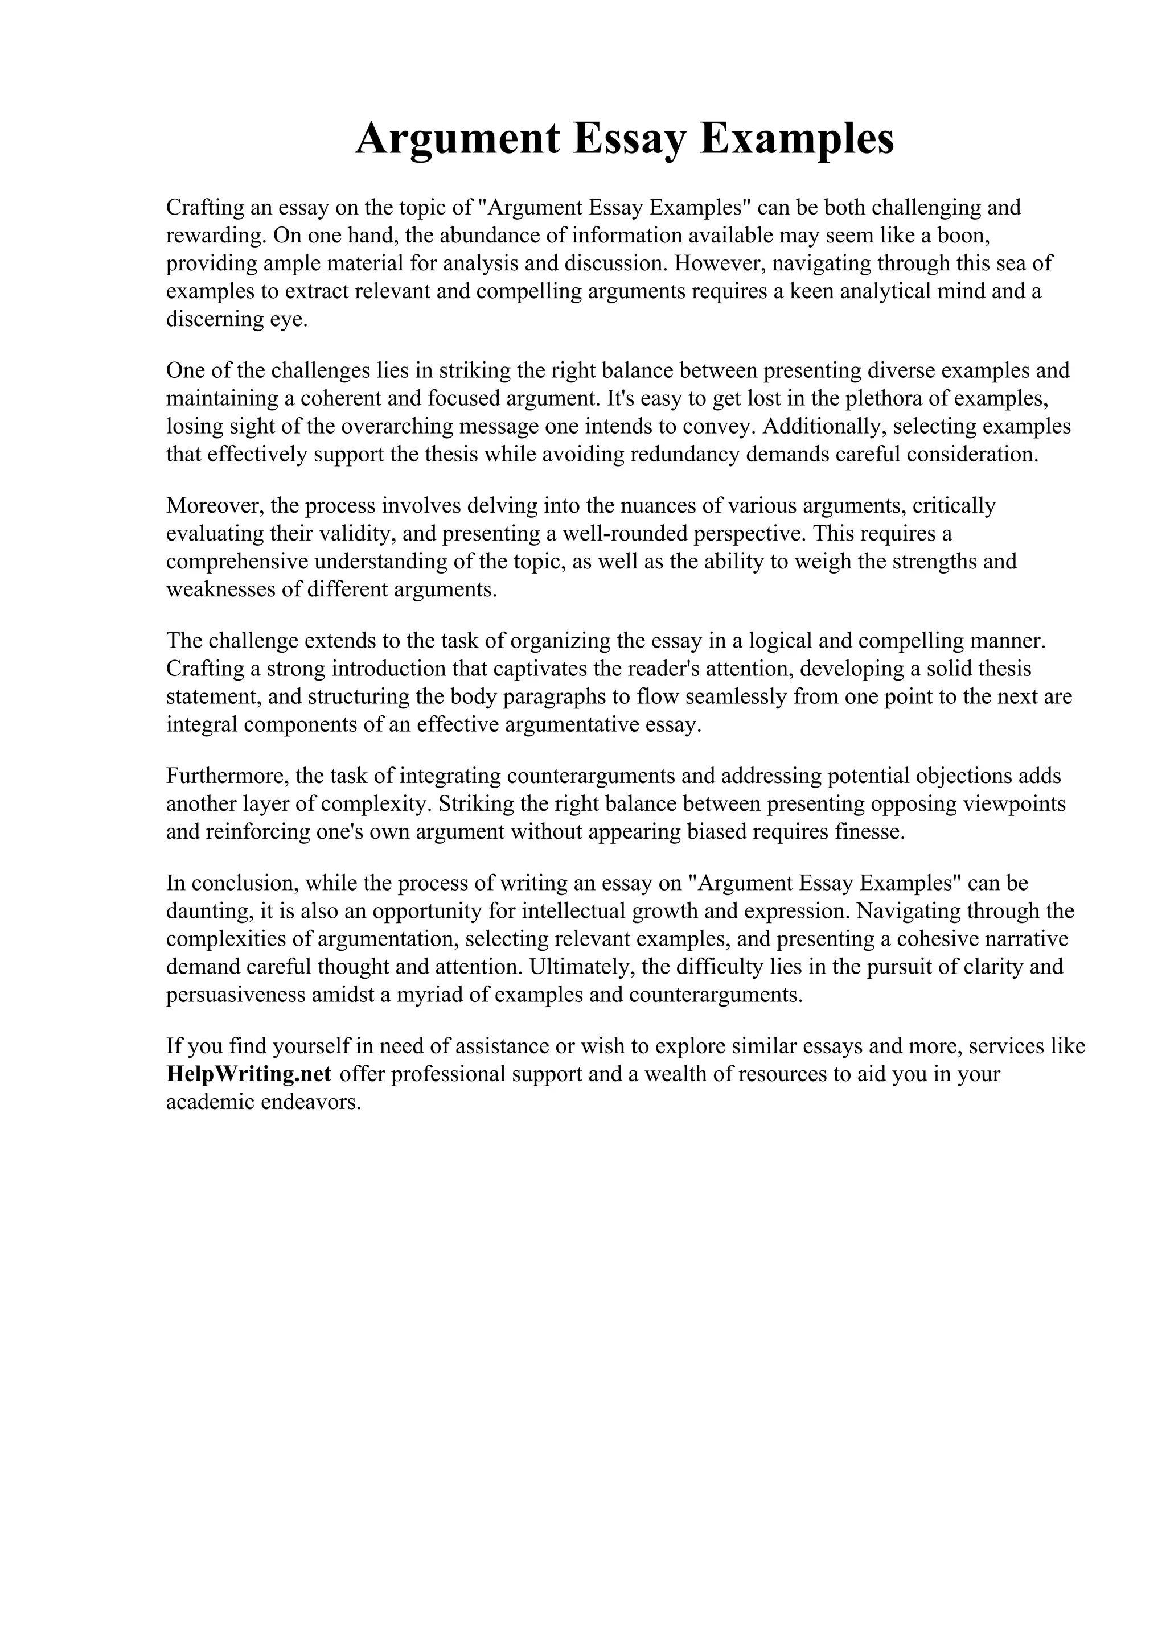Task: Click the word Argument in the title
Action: click(457, 139)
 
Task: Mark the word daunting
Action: click(206, 910)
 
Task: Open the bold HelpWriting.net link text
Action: click(249, 1074)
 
